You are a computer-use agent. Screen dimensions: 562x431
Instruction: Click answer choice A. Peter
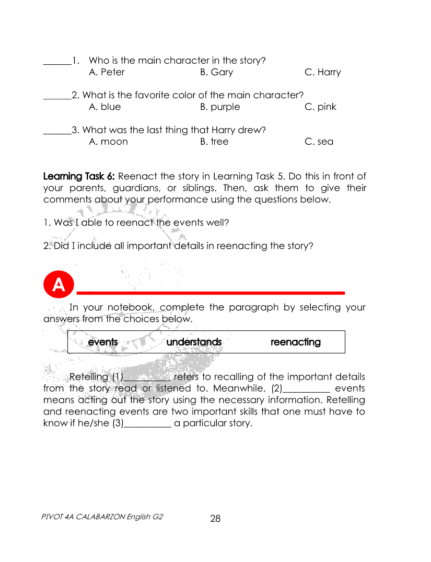[107, 72]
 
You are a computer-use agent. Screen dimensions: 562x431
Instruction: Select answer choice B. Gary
[216, 72]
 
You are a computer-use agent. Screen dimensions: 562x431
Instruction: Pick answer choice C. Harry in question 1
[322, 72]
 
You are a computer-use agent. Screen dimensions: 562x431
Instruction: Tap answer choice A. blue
[104, 107]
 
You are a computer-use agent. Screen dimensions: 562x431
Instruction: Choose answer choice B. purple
[220, 107]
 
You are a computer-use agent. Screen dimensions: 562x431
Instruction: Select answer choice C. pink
[320, 107]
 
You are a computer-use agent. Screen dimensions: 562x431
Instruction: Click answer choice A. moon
[108, 141]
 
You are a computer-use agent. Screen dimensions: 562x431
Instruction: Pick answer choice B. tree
[214, 141]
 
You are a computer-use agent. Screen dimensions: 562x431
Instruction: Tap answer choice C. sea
[319, 141]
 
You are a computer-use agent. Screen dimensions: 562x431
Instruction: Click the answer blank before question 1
[56, 63]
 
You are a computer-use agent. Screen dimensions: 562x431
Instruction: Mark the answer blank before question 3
[56, 132]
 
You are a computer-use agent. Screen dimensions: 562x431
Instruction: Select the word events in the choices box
[103, 342]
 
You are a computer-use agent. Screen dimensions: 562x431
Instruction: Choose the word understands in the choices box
[194, 342]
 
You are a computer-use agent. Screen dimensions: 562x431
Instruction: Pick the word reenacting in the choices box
[295, 342]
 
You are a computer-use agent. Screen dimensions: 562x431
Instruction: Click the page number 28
[215, 519]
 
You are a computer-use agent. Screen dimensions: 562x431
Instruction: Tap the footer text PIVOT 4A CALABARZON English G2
[102, 517]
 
